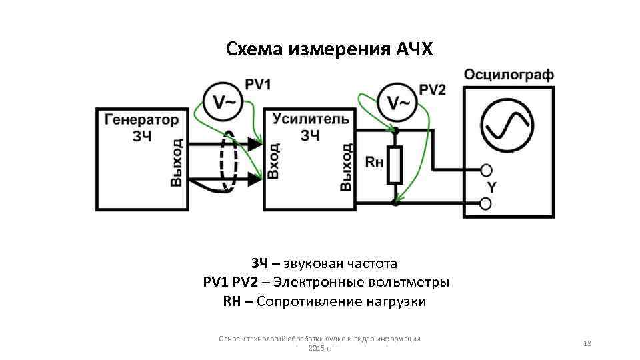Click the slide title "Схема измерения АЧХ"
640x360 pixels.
pos(329,49)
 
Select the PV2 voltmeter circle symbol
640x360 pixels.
pos(398,102)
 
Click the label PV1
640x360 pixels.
pos(258,85)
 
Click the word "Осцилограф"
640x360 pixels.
pos(509,74)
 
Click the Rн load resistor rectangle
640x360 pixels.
pos(395,165)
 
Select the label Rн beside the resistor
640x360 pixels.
pos(375,161)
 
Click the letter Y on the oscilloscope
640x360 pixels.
pos(491,187)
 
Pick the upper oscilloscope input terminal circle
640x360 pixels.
pos(487,169)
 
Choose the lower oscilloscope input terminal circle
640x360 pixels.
pos(487,203)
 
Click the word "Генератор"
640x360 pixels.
pos(141,120)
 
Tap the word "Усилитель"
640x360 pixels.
pos(310,119)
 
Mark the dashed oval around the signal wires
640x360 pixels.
pos(228,161)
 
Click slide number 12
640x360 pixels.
pos(587,343)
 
